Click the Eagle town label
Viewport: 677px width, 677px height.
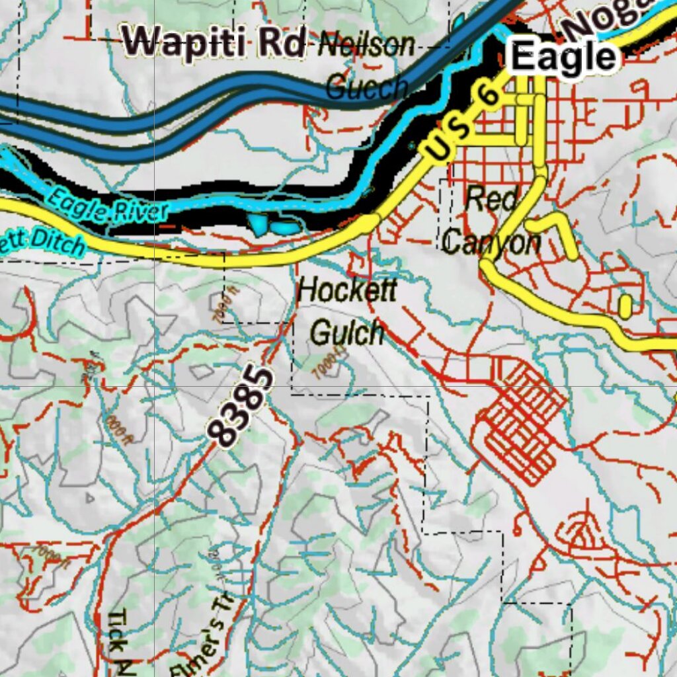(x=564, y=58)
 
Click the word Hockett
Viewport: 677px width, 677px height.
(x=348, y=290)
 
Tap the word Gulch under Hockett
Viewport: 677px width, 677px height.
(x=348, y=333)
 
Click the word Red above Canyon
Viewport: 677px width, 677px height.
(x=491, y=200)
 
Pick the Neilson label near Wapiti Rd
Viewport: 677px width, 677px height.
(x=367, y=46)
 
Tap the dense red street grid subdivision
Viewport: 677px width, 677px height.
(x=522, y=423)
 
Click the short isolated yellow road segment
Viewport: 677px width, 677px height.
(x=625, y=306)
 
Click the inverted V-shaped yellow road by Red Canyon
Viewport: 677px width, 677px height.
(x=555, y=231)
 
